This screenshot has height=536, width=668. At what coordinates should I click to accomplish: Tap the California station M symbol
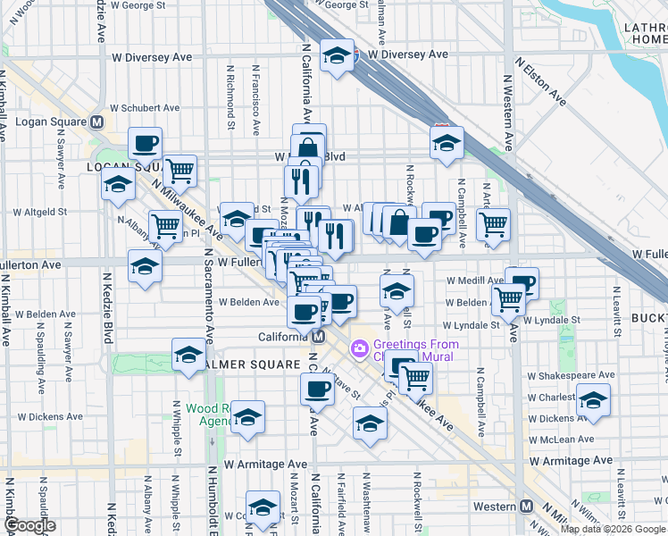[318, 337]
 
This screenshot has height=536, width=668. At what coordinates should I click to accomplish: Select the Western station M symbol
[527, 507]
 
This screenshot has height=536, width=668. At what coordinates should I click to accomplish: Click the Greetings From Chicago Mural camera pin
[360, 347]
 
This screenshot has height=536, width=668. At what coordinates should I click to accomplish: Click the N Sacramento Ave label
[209, 295]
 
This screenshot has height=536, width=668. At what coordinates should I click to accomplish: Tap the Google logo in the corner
[29, 525]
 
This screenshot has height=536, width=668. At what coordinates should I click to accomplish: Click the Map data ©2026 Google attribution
[614, 529]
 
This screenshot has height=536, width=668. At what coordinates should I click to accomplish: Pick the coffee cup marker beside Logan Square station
[145, 143]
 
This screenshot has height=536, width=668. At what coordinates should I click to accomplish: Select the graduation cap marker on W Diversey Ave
[337, 55]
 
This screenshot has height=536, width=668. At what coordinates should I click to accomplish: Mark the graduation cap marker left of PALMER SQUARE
[188, 355]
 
